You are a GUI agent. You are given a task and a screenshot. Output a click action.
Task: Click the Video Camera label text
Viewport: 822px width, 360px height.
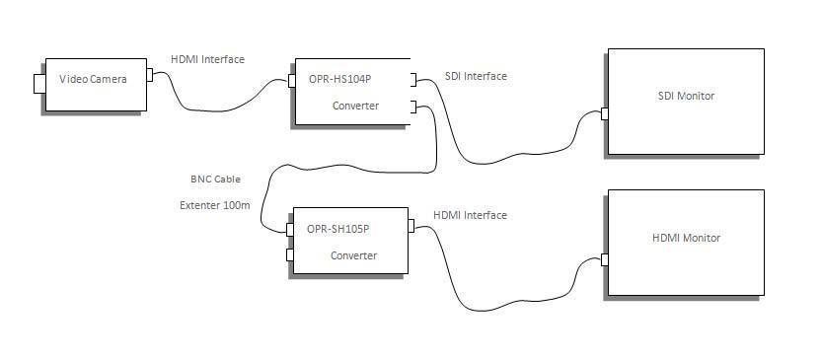click(94, 79)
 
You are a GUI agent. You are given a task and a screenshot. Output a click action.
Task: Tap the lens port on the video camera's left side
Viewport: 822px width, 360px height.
click(38, 82)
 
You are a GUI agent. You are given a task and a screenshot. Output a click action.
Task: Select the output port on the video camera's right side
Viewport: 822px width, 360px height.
click(150, 74)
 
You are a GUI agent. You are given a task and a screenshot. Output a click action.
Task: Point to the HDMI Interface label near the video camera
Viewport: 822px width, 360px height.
click(207, 59)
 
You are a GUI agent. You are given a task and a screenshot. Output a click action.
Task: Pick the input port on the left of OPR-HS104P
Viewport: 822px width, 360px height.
click(292, 81)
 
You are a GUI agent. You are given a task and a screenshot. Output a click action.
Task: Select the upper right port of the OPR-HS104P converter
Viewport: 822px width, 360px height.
click(415, 81)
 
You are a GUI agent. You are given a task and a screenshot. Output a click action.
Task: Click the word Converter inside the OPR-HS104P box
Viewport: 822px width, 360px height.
click(355, 106)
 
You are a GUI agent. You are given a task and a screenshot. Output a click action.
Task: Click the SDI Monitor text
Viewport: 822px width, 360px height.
click(686, 96)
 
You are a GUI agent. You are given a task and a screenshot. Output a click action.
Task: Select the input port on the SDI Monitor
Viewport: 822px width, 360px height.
click(604, 113)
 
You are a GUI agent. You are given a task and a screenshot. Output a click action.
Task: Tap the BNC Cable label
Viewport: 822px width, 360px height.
click(215, 180)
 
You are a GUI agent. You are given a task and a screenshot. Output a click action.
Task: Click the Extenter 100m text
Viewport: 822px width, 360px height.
click(214, 205)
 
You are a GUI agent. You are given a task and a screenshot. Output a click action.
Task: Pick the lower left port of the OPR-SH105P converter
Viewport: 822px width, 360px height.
click(289, 255)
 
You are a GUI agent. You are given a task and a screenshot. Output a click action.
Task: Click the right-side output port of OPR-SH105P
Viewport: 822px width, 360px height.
click(412, 229)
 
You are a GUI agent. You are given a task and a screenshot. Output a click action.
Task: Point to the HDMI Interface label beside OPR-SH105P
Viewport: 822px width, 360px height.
click(470, 215)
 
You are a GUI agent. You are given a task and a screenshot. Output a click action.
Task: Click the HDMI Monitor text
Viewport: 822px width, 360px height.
click(686, 238)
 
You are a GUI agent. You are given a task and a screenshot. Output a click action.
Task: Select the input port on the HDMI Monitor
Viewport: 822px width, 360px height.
click(604, 260)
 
